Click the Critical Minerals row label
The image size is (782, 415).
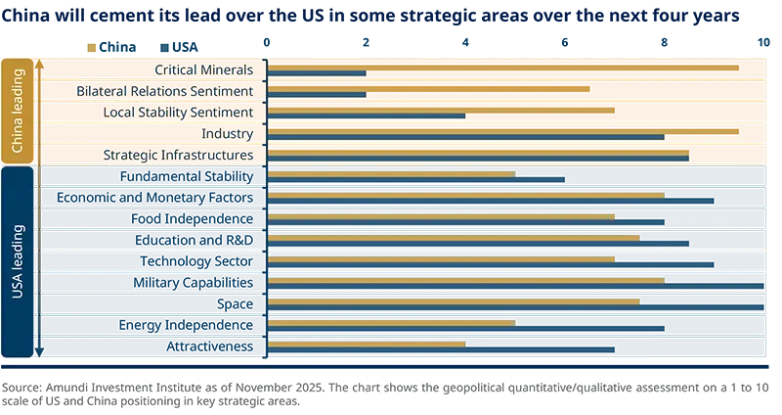tap(204, 70)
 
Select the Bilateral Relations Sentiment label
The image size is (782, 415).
tap(165, 91)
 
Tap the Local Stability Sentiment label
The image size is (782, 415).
tap(178, 113)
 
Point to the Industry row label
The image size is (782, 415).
tap(227, 134)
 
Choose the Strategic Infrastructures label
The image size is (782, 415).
tap(178, 156)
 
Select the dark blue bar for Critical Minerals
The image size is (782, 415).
tap(317, 73)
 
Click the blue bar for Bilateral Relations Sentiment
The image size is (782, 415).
tap(317, 95)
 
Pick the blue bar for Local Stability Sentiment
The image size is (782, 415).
tap(366, 115)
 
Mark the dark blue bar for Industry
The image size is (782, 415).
tap(465, 137)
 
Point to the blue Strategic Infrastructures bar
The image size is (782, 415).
tap(478, 159)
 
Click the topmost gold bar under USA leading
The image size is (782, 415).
tap(391, 174)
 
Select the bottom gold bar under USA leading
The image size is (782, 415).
tap(366, 344)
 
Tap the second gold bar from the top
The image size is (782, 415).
tap(465, 195)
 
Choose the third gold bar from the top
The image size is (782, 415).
tap(441, 216)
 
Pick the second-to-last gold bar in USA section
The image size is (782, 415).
tap(391, 322)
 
